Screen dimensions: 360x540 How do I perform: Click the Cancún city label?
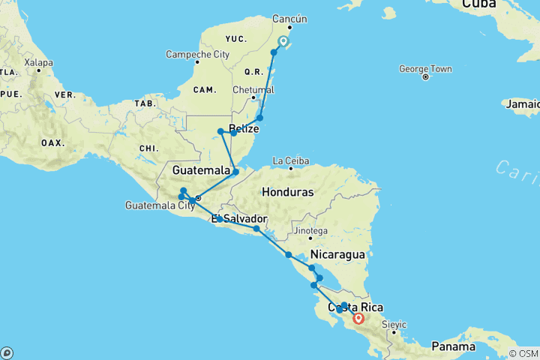click(x=290, y=19)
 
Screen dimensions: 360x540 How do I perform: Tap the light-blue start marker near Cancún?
click(x=283, y=41)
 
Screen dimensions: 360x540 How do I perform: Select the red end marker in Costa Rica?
click(x=358, y=318)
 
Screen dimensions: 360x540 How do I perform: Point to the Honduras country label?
click(x=287, y=192)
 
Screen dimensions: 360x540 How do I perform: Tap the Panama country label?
click(x=454, y=347)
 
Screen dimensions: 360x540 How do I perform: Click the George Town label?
click(x=424, y=69)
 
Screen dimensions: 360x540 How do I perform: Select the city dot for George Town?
click(x=424, y=77)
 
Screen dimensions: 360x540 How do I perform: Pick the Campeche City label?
click(x=198, y=54)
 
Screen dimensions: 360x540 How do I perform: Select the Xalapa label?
click(x=38, y=62)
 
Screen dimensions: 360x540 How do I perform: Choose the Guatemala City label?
click(x=160, y=205)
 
